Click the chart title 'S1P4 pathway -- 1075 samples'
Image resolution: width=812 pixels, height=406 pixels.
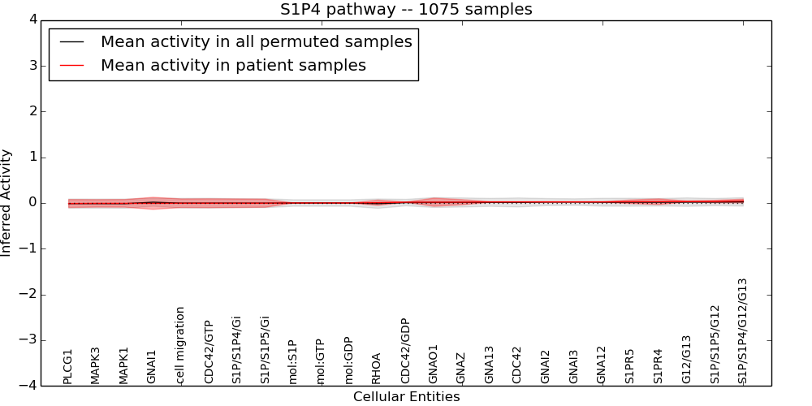coord(406,10)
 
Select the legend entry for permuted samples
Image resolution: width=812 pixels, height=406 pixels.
coord(256,42)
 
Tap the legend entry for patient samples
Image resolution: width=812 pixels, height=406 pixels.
coord(233,66)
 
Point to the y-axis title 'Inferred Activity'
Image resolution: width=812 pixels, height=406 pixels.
coord(6,203)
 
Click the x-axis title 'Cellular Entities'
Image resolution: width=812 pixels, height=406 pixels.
coord(406,397)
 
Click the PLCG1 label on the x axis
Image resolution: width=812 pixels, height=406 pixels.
coord(68,366)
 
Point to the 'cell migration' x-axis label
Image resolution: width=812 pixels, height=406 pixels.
coord(180,345)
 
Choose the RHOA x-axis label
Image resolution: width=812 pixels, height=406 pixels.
coord(377,368)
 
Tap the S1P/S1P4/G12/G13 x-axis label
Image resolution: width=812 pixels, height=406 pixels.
coord(742,331)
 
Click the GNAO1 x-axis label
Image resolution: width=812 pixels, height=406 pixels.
coord(433,364)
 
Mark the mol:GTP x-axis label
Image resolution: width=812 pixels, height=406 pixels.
coord(321,361)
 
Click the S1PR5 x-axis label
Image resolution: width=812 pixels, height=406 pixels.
coord(629,365)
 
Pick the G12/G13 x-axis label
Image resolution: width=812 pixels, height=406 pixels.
coord(686,359)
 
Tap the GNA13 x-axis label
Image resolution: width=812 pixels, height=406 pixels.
coord(489,364)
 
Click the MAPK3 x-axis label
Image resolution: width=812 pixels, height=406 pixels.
coord(96,365)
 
